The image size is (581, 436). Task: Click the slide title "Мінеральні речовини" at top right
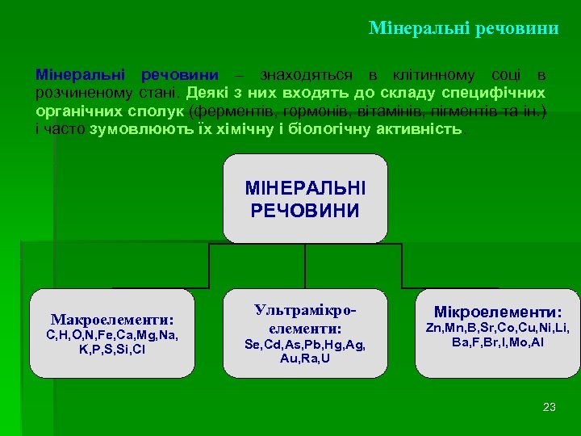click(x=463, y=28)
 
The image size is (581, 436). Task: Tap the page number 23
click(x=550, y=407)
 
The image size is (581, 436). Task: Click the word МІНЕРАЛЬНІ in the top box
click(x=305, y=188)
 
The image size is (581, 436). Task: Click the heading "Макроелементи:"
click(x=112, y=319)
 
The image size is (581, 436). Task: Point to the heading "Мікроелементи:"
click(x=498, y=312)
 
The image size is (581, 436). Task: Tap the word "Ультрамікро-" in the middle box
click(x=305, y=310)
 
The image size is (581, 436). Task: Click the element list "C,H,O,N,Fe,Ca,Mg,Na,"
click(x=112, y=335)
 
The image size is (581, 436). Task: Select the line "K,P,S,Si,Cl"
click(x=112, y=350)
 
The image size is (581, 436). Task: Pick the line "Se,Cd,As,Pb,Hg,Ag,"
click(x=305, y=344)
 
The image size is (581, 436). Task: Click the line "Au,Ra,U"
click(x=305, y=358)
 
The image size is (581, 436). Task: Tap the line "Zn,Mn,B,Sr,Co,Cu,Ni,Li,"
click(x=498, y=328)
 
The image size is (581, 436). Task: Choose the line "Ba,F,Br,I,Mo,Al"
click(x=498, y=342)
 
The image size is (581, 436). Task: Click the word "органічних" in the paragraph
click(x=72, y=111)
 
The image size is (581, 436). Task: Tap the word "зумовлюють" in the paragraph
click(x=130, y=128)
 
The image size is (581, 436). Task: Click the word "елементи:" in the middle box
click(x=305, y=328)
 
